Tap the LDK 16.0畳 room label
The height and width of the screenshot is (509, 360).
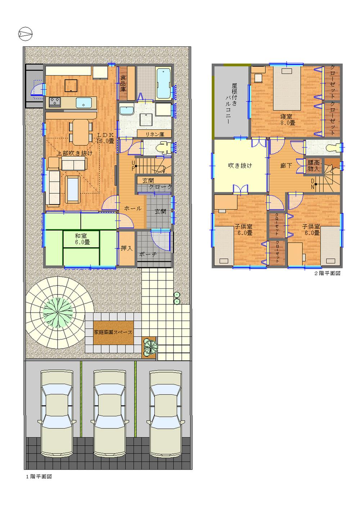(105, 138)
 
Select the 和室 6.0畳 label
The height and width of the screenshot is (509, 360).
(82, 239)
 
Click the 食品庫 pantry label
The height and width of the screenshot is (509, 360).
(123, 83)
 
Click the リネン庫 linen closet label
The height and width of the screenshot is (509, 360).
(154, 134)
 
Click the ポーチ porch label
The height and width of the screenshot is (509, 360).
(147, 254)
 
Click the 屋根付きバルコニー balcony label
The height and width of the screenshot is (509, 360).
(230, 104)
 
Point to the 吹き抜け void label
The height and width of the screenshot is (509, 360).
(240, 166)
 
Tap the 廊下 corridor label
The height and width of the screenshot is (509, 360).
(286, 166)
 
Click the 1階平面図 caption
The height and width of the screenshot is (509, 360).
(39, 477)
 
